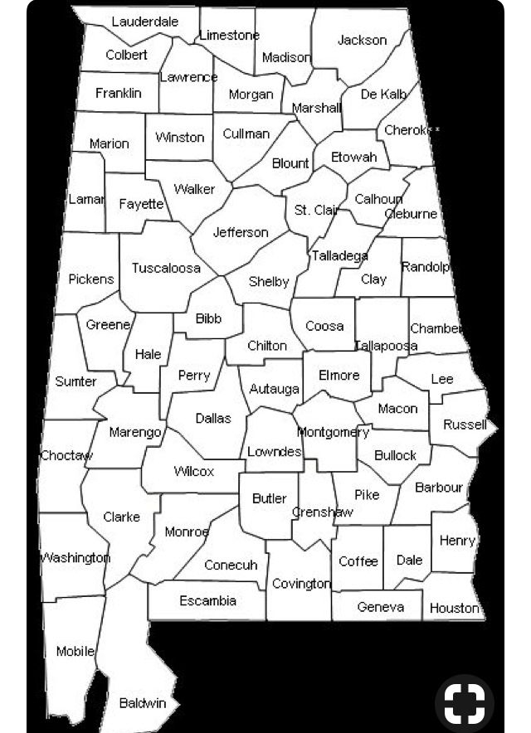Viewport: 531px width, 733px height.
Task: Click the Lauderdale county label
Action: click(x=144, y=22)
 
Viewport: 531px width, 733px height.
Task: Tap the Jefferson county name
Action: click(x=241, y=232)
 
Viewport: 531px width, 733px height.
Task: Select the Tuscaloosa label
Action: click(x=166, y=268)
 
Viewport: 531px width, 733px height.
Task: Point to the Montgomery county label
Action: click(x=333, y=432)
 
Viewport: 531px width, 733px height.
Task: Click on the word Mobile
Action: click(x=75, y=651)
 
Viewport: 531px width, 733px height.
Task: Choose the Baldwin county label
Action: click(x=143, y=703)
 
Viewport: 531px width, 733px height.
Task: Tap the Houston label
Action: click(x=454, y=608)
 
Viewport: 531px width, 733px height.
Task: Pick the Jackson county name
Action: click(x=362, y=40)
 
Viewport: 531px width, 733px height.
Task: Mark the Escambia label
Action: click(x=207, y=600)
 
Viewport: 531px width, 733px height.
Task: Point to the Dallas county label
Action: click(x=213, y=418)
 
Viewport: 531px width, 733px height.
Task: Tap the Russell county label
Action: click(x=465, y=425)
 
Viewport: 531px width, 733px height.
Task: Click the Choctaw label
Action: click(x=66, y=455)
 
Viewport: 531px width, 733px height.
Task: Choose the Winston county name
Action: click(x=179, y=137)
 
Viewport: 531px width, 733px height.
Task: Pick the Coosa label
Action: click(x=324, y=326)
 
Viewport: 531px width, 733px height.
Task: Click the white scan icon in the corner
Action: click(x=464, y=703)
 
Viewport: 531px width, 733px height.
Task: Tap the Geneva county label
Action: click(x=380, y=607)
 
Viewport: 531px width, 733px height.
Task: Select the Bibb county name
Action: click(x=208, y=318)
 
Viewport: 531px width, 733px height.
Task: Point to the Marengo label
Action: click(x=135, y=432)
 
